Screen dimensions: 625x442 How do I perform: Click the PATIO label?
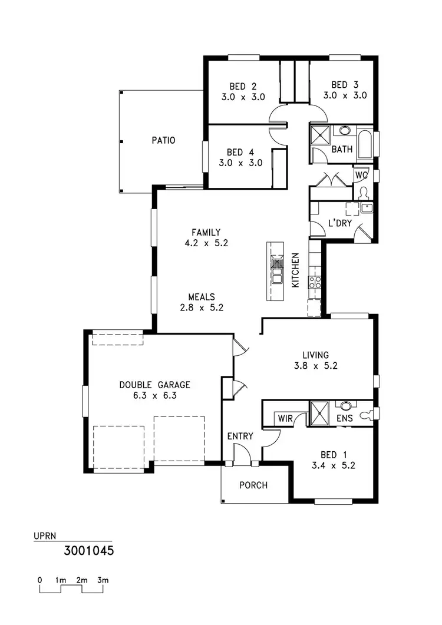pyautogui.click(x=163, y=141)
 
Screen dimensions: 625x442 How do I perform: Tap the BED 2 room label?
pyautogui.click(x=243, y=85)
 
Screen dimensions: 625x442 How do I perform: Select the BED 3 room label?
pyautogui.click(x=345, y=84)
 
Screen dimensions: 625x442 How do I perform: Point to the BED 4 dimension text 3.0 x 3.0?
pyautogui.click(x=240, y=163)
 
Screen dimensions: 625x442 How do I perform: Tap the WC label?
pyautogui.click(x=361, y=175)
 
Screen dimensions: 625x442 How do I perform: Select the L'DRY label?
pyautogui.click(x=340, y=223)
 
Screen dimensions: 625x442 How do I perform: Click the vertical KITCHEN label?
pyautogui.click(x=296, y=270)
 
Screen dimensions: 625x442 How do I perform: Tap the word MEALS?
pyautogui.click(x=202, y=297)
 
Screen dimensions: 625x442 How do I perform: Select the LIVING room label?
pyautogui.click(x=315, y=355)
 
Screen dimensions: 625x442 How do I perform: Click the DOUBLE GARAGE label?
pyautogui.click(x=154, y=385)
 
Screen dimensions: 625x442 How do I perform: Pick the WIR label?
pyautogui.click(x=285, y=418)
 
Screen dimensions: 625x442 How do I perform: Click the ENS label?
pyautogui.click(x=345, y=418)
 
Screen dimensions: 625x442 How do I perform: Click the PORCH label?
pyautogui.click(x=253, y=485)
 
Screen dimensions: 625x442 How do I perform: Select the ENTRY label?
pyautogui.click(x=240, y=436)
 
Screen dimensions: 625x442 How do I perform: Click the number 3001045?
pyautogui.click(x=88, y=551)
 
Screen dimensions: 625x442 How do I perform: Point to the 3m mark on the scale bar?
pyautogui.click(x=103, y=580)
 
